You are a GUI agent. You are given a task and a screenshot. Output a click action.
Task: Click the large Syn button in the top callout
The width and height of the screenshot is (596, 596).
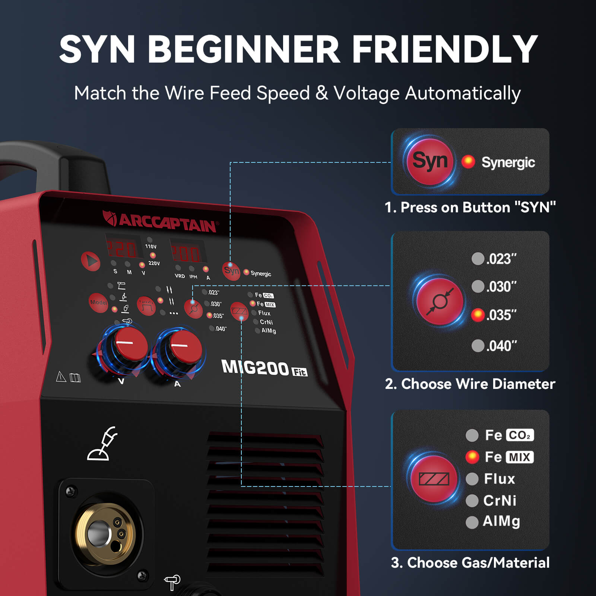429,161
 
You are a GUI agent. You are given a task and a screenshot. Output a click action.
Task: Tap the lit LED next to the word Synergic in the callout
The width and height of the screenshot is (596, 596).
468,162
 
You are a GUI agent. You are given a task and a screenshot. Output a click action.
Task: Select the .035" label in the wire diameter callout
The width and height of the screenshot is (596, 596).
501,315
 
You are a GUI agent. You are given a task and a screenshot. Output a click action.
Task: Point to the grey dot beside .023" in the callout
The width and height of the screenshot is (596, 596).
478,259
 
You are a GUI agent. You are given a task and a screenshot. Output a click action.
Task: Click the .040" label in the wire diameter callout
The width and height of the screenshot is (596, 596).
501,346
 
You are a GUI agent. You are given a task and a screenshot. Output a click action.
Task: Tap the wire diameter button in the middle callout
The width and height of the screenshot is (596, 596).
440,301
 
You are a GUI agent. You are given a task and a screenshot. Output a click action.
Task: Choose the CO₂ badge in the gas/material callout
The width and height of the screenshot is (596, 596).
520,435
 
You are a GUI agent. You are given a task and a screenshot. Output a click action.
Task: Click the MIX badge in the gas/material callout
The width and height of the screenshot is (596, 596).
519,457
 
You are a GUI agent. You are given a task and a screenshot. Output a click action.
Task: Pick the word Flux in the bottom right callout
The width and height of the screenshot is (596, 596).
499,479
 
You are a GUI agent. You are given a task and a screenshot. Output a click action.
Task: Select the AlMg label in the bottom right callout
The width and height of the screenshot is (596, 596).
501,521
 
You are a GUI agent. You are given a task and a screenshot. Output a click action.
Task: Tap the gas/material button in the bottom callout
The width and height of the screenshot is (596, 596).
434,479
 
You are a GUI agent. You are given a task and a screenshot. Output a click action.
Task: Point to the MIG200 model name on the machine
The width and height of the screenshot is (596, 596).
256,368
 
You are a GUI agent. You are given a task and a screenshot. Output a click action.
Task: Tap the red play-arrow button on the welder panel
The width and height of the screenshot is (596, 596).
91,261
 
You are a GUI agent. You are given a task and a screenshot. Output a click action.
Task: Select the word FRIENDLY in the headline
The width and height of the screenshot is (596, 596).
445,49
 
